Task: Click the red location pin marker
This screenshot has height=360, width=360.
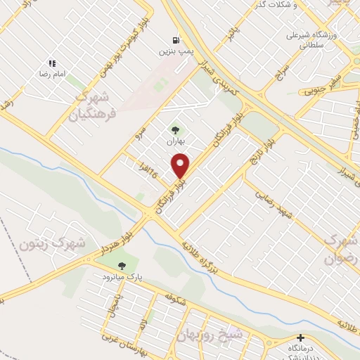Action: click(181, 165)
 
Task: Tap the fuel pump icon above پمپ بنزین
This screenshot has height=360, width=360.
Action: click(175, 39)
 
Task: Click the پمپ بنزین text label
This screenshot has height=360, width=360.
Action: click(175, 51)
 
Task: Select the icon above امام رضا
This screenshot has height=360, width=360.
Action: click(52, 63)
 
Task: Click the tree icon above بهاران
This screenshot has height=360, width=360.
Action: click(175, 129)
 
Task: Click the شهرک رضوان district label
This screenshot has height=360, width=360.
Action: click(340, 249)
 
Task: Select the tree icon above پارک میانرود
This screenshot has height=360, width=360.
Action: click(122, 266)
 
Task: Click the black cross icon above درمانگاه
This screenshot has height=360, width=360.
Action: click(301, 338)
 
